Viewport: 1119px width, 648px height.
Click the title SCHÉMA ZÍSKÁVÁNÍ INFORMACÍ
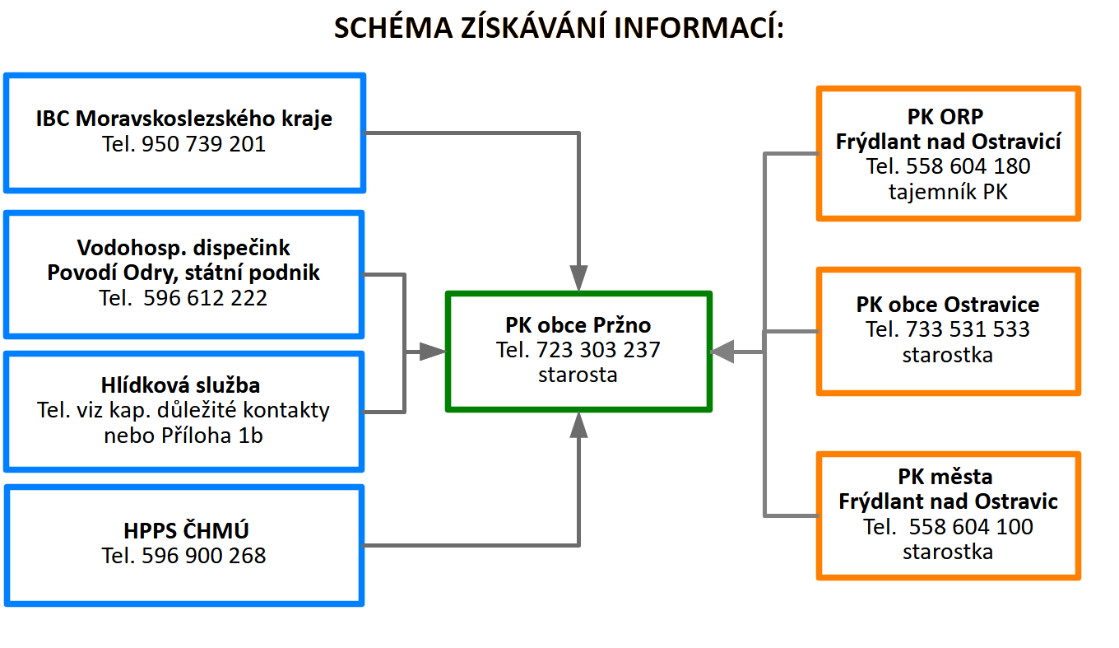[x=559, y=28]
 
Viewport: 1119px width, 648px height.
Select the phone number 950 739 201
[x=204, y=145]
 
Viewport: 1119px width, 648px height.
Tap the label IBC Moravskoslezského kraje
[x=184, y=119]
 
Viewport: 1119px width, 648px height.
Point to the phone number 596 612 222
[x=205, y=298]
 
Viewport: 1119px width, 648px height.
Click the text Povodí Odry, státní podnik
[x=183, y=273]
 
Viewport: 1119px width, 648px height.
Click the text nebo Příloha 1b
[x=183, y=436]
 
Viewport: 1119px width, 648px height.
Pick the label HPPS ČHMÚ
[x=183, y=530]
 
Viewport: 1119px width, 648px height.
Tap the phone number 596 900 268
[x=204, y=556]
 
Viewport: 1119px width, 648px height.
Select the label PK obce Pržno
[x=578, y=324]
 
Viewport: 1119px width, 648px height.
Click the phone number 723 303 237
[x=598, y=350]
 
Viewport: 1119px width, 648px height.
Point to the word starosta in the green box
[x=578, y=375]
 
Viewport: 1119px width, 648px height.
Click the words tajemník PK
[x=948, y=193]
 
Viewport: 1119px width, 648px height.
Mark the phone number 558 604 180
[x=968, y=166]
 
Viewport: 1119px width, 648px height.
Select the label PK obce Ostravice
[x=948, y=305]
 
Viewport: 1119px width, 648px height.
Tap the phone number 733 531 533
[x=968, y=329]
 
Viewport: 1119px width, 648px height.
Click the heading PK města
[x=948, y=477]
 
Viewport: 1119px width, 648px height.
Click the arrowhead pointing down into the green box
[x=579, y=277]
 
